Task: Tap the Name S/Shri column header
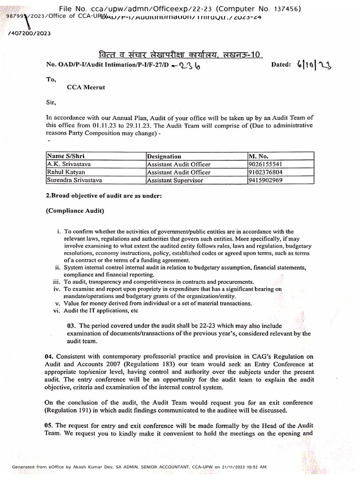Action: click(66, 156)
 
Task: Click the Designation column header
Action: click(164, 156)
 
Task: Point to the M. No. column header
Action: click(258, 156)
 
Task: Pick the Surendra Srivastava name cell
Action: click(74, 180)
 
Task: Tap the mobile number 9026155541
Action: click(265, 164)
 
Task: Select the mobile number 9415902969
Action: click(265, 180)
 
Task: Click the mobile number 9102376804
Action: click(265, 172)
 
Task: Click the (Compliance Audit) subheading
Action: click(75, 211)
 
